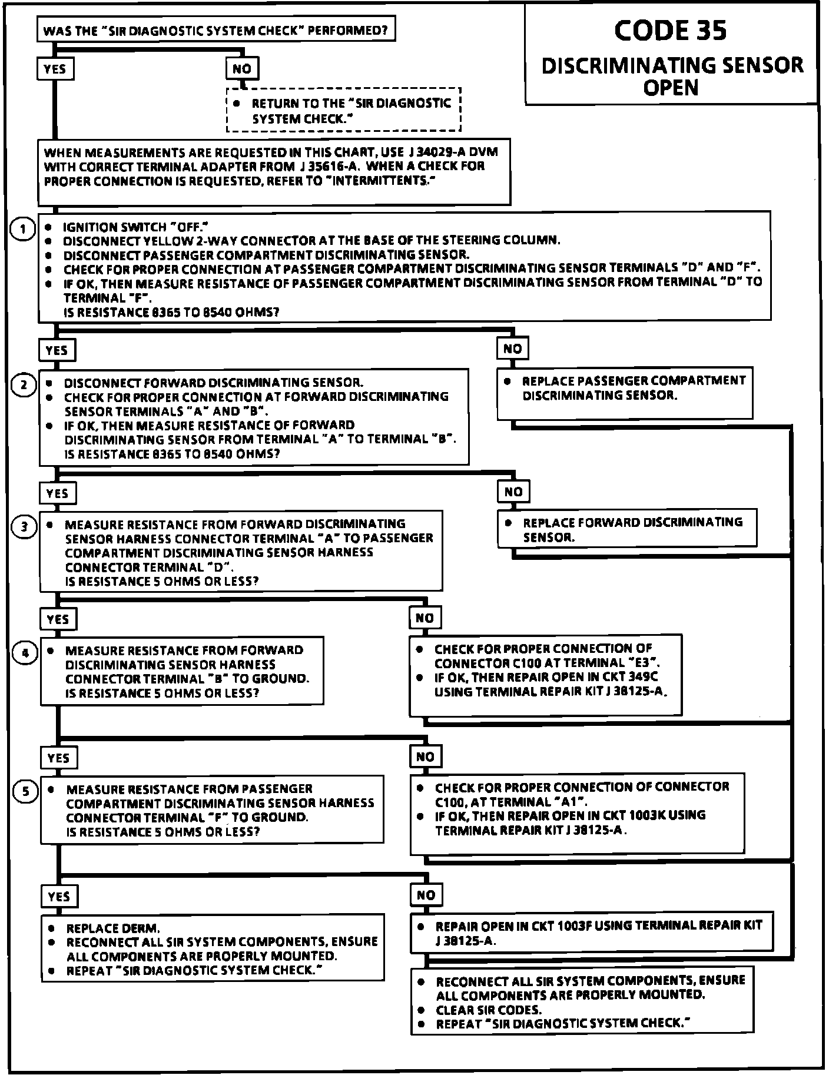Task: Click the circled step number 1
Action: pos(23,228)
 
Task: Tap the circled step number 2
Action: pos(24,385)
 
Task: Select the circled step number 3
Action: pos(24,526)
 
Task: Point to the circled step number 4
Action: pos(25,653)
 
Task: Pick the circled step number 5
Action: pos(25,792)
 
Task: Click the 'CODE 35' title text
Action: pos(670,31)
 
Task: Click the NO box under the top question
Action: pos(242,69)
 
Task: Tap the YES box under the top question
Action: pos(55,69)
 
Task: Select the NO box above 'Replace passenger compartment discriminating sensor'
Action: pos(512,349)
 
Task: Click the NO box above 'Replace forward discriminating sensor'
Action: pos(513,492)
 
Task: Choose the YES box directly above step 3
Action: pos(57,493)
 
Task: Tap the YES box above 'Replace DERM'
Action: pos(59,896)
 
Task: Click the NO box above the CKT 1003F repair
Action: pos(426,895)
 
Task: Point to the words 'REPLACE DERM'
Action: pos(113,928)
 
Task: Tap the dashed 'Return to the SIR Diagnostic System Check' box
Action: pos(343,110)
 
